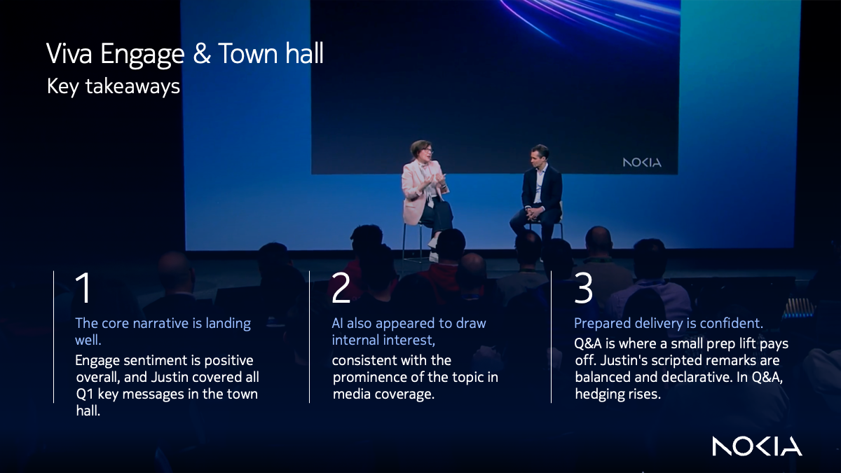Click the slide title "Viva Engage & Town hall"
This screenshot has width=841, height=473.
pyautogui.click(x=185, y=54)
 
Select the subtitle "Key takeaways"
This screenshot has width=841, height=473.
pyautogui.click(x=113, y=86)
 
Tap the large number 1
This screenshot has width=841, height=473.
pyautogui.click(x=83, y=289)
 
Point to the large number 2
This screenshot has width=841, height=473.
pyautogui.click(x=341, y=289)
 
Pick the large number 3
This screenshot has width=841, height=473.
pyautogui.click(x=583, y=289)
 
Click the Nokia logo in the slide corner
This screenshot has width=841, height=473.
pyautogui.click(x=757, y=446)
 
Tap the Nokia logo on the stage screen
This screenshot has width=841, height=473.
pyautogui.click(x=641, y=163)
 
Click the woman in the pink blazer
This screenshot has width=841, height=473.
pyautogui.click(x=424, y=189)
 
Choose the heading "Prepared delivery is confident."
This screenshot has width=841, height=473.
pyautogui.click(x=668, y=324)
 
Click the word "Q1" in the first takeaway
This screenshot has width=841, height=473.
pyautogui.click(x=85, y=395)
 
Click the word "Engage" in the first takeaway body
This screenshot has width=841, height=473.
pyautogui.click(x=99, y=361)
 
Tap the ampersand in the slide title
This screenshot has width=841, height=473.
pyautogui.click(x=201, y=55)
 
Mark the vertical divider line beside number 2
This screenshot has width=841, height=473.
pyautogui.click(x=310, y=336)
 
